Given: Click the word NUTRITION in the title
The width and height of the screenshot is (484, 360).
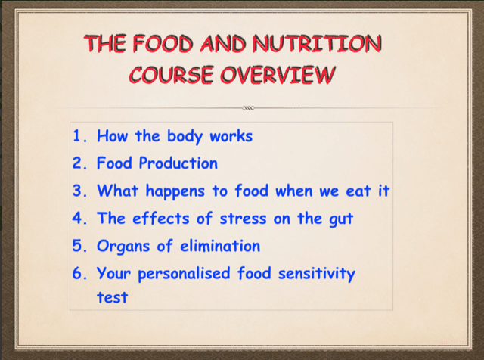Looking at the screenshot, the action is point(317,44).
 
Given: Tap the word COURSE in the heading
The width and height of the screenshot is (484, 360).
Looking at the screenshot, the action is point(172,75).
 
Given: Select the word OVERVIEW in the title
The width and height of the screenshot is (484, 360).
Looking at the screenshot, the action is point(278,75).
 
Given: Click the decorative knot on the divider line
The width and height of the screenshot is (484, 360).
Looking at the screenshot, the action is point(249,108).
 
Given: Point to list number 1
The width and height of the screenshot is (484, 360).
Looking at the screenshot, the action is point(79,136).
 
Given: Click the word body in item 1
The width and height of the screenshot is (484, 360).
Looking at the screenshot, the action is point(185,136).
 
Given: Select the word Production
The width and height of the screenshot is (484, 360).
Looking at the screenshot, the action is point(178,163).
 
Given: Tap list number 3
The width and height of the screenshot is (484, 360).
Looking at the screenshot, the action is point(79,191).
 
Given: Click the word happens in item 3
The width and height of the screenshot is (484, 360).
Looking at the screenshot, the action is point(175,191).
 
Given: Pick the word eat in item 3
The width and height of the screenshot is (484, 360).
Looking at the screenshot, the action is point(358,191).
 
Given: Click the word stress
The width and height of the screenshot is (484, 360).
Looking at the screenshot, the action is point(243,219).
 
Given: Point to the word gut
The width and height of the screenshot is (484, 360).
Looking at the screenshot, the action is point(341,219).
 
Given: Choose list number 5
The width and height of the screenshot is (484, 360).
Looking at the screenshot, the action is point(79,246).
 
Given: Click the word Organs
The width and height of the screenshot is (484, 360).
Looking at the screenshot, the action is point(123,247).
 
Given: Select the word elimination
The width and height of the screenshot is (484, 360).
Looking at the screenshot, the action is point(220,246).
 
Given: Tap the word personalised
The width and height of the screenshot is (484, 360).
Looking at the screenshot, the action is point(184,274).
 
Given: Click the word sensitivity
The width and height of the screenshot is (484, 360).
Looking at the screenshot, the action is point(317,274).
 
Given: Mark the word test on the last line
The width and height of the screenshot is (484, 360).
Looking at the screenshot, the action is point(113,298).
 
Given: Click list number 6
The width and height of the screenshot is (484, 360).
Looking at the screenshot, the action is point(79,273).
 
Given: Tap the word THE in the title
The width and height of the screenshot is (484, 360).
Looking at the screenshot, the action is point(105,44).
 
